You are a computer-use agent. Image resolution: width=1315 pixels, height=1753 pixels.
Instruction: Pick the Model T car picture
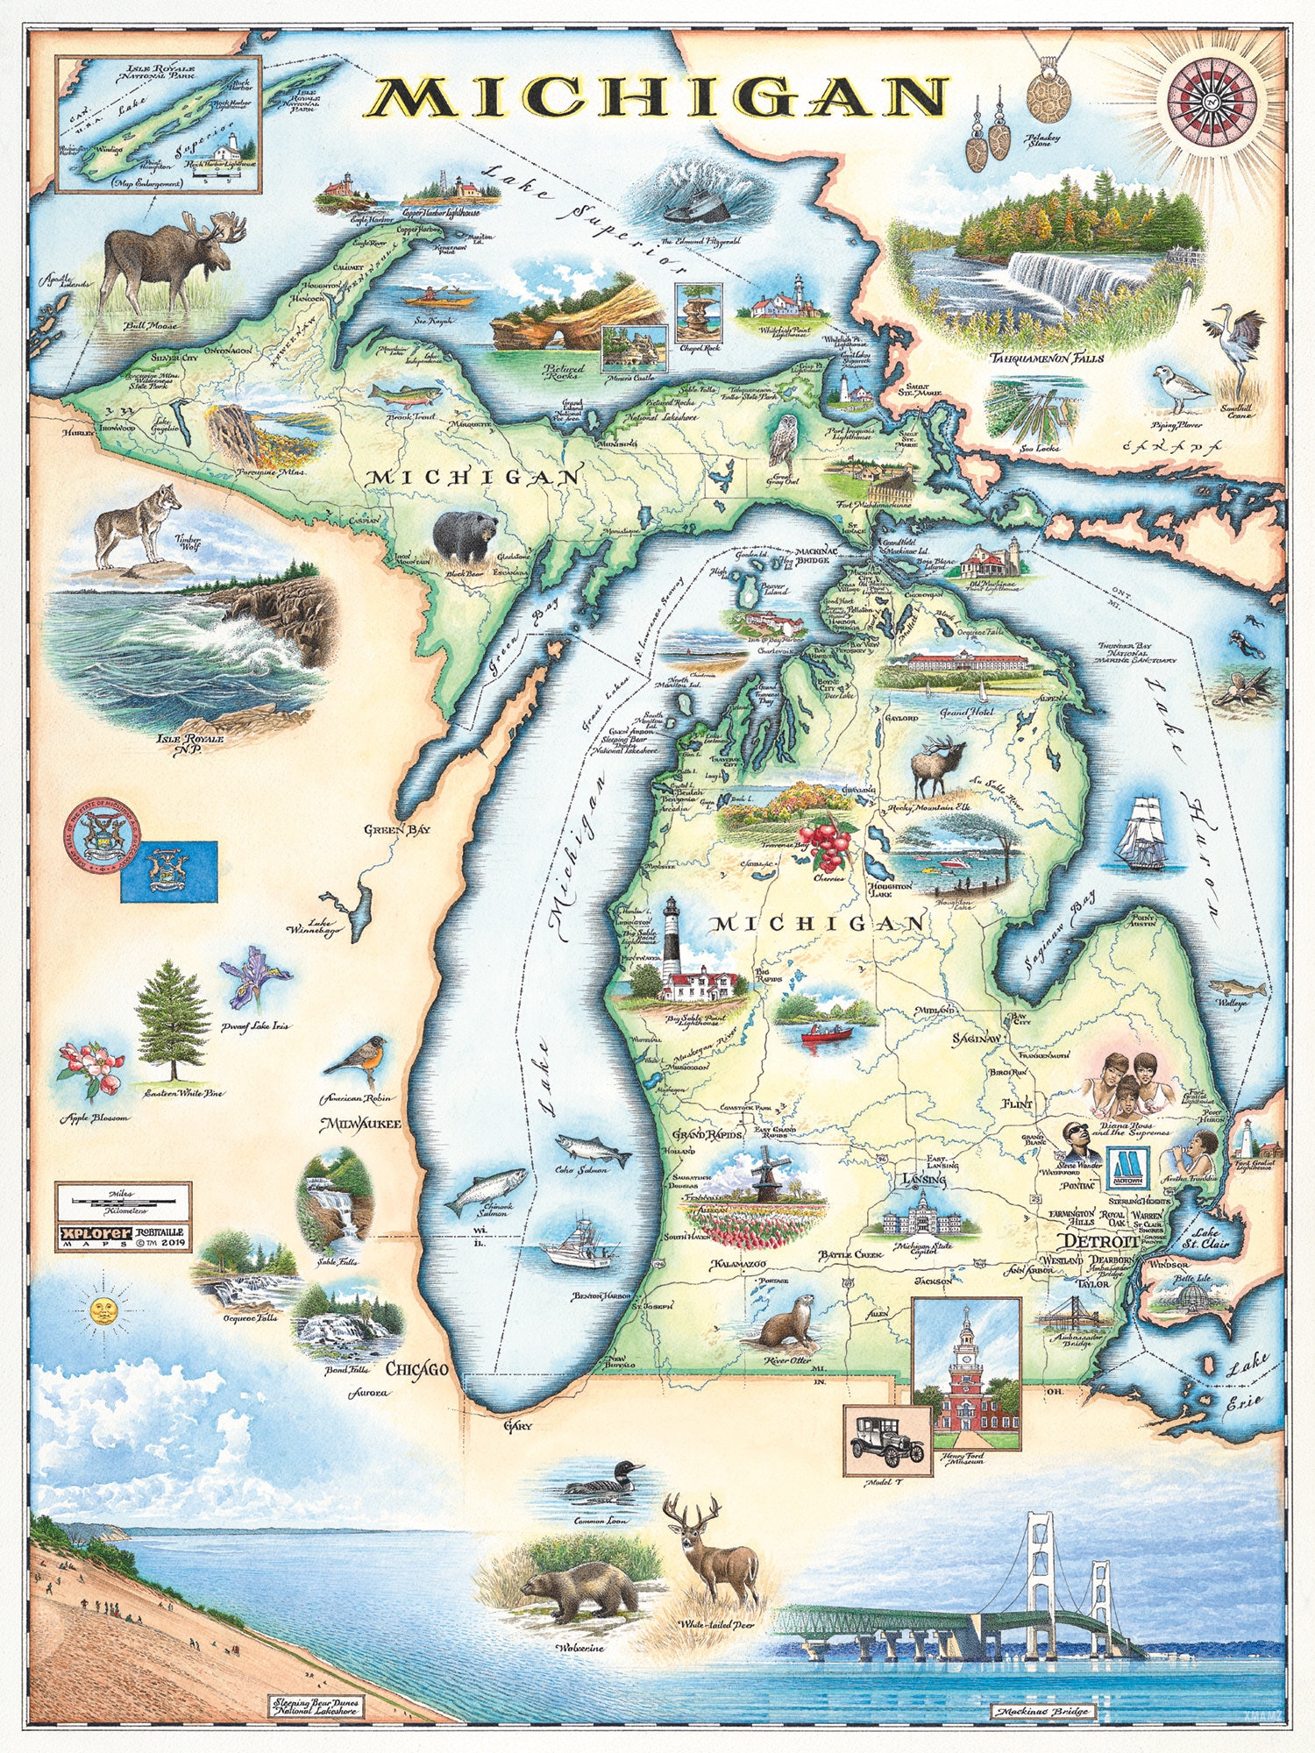click(887, 1440)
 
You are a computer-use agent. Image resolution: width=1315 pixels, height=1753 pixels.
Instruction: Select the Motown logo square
click(1129, 1168)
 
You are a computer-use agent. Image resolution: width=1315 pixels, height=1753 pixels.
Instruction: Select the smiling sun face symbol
click(104, 1312)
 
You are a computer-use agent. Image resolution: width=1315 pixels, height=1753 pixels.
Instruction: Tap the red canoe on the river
click(827, 1034)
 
